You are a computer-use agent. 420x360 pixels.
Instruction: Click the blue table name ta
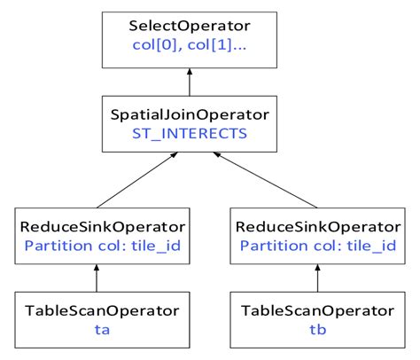(96, 330)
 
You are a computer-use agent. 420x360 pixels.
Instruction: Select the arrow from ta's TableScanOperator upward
(96, 279)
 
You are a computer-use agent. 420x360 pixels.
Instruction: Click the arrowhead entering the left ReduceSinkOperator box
(96, 268)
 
